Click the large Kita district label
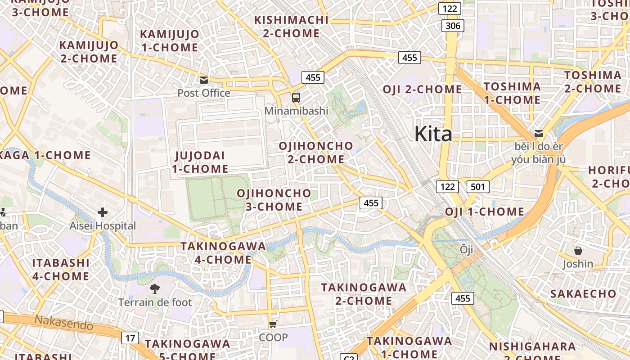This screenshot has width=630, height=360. [x=433, y=134]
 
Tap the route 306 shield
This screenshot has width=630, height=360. [x=453, y=26]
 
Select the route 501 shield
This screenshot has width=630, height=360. [x=477, y=187]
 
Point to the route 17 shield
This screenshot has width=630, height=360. [x=130, y=338]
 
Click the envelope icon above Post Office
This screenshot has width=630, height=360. [x=204, y=80]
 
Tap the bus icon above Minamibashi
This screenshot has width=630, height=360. [x=296, y=97]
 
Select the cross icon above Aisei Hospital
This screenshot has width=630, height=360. [x=103, y=212]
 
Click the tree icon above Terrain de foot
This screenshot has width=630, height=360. [x=155, y=289]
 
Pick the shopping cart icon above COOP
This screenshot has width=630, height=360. [x=273, y=324]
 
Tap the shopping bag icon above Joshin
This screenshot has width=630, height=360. [x=578, y=251]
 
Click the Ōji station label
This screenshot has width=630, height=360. [x=467, y=249]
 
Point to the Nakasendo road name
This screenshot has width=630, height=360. [x=64, y=322]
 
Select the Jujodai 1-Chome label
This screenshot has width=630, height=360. [x=200, y=162]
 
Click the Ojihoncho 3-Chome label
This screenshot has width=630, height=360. [x=274, y=200]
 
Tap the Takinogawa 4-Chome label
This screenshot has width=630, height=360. [x=223, y=253]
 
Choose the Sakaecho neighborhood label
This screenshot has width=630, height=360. [x=583, y=294]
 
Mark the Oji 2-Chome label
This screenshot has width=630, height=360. [x=422, y=90]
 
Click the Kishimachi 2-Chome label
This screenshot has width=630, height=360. [x=291, y=27]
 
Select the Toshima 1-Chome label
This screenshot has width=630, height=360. [x=512, y=93]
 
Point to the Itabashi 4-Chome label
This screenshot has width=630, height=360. [x=61, y=269]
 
